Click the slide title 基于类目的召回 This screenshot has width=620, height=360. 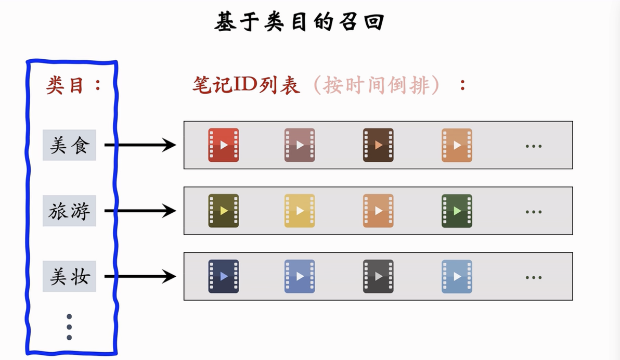tap(299, 21)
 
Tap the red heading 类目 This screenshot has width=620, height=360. tap(65, 85)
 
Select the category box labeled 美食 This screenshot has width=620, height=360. tap(69, 145)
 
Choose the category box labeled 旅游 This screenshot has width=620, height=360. tap(69, 211)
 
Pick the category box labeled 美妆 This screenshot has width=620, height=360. tap(69, 276)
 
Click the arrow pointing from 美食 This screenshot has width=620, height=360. tap(140, 145)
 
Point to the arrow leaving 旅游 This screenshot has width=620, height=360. tap(140, 211)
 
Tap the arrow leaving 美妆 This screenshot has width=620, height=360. tap(140, 276)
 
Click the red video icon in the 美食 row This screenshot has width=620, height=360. tap(224, 145)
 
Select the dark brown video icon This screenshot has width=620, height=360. tap(379, 145)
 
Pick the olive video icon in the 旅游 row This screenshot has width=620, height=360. tap(224, 211)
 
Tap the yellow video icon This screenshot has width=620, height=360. tap(300, 211)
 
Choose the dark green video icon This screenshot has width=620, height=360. tap(457, 211)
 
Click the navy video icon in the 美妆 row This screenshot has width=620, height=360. tap(224, 277)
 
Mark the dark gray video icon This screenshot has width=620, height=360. tap(379, 277)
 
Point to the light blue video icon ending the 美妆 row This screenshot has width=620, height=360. tap(457, 277)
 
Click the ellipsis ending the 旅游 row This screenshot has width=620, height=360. tap(534, 212)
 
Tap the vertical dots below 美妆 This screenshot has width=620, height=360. tap(69, 327)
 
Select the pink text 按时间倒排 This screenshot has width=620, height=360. tap(376, 85)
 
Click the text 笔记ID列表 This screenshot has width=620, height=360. tap(246, 85)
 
